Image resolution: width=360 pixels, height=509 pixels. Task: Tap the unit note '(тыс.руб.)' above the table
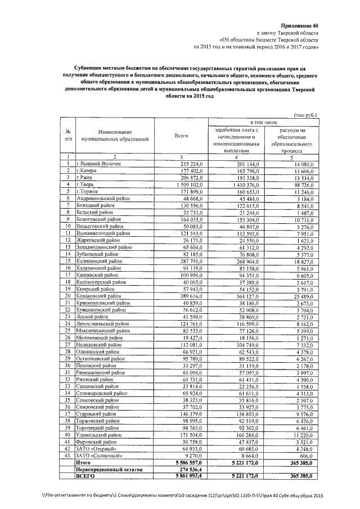pyautogui.click(x=306, y=115)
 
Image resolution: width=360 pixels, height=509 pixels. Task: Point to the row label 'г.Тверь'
pyautogui.click(x=85, y=184)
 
